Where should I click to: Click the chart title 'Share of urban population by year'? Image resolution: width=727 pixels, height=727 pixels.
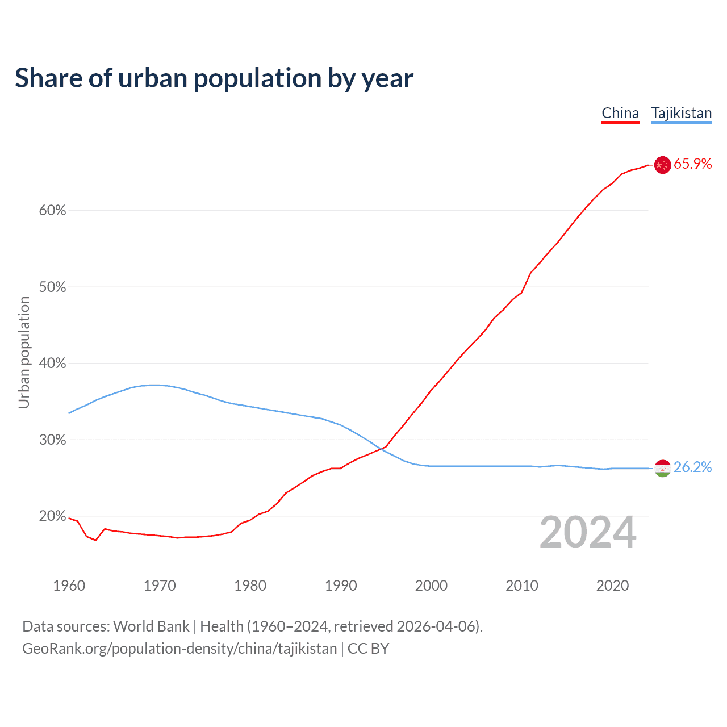click(214, 78)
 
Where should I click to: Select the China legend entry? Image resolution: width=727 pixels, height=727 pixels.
click(620, 113)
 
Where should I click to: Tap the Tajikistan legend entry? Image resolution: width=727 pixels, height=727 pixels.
click(681, 113)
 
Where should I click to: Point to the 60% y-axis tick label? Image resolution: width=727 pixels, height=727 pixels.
click(52, 211)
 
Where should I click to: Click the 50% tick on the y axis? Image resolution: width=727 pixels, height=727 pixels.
click(52, 287)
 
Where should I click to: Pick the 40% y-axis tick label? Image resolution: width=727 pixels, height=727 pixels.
click(52, 363)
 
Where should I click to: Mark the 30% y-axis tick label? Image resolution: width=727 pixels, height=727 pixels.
click(52, 440)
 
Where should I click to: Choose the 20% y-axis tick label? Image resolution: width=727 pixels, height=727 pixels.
click(52, 516)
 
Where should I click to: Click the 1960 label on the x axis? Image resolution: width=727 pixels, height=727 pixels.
click(69, 586)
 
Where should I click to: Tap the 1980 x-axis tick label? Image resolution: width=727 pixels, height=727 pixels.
click(250, 586)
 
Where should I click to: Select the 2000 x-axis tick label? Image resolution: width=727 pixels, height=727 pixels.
click(431, 586)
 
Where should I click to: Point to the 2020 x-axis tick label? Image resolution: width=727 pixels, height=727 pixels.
click(612, 586)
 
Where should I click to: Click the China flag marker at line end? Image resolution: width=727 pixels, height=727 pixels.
click(662, 165)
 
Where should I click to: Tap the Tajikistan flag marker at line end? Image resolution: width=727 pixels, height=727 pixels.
click(662, 469)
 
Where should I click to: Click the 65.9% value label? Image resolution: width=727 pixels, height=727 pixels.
click(692, 164)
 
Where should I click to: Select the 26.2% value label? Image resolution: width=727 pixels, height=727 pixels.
click(692, 467)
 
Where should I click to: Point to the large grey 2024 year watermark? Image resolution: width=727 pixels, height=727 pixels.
click(588, 533)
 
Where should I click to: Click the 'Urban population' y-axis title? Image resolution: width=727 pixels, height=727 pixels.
click(24, 353)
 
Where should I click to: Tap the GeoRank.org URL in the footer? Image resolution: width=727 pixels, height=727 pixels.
click(179, 649)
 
